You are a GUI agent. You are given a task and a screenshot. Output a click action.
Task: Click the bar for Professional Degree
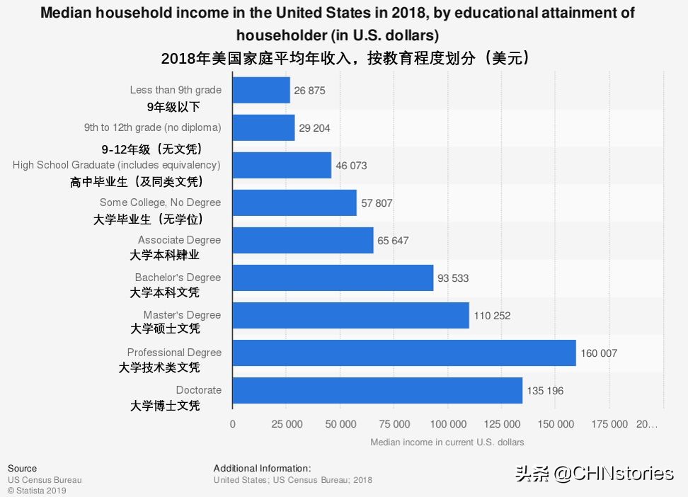(x=404, y=353)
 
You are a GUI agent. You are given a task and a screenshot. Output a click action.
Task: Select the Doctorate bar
(x=377, y=390)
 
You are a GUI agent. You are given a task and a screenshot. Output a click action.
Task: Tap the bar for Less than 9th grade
(x=261, y=91)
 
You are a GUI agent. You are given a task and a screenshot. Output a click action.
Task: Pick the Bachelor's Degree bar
(x=333, y=278)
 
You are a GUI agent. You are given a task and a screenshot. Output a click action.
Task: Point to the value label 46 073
(x=351, y=166)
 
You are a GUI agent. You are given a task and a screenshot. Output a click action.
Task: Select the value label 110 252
(x=492, y=316)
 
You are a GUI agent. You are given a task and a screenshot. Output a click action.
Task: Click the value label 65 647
(x=393, y=241)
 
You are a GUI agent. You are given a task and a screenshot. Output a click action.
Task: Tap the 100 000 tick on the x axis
(x=449, y=424)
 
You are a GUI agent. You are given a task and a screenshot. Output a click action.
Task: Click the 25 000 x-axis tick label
(x=287, y=424)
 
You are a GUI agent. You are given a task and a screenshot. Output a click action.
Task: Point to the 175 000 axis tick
(x=609, y=424)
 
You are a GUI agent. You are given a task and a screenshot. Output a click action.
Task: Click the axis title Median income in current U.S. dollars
(x=447, y=442)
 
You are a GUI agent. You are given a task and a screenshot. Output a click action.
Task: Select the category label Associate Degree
(x=179, y=240)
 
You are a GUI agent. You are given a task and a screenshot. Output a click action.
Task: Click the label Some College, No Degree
(x=160, y=202)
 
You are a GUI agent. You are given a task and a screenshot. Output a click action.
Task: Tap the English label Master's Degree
(x=182, y=315)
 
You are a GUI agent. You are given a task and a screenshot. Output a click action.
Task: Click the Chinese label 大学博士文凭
(x=165, y=406)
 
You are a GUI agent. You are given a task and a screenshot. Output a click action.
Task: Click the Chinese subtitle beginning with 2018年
(x=345, y=58)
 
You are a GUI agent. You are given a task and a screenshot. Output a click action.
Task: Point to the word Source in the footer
(x=22, y=469)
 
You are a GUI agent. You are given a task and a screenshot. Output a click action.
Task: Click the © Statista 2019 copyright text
(x=37, y=491)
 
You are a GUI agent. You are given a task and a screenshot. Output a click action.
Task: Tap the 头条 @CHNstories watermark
(x=594, y=473)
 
